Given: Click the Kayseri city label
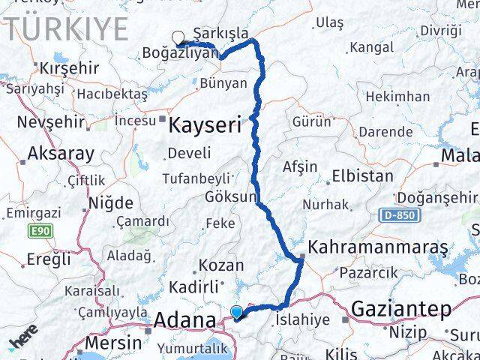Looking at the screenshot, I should [x=205, y=124].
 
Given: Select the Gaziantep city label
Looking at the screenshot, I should [x=400, y=308].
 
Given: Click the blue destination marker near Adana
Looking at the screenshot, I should [x=237, y=312].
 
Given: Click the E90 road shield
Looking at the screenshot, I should [x=41, y=233].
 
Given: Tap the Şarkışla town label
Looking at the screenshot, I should [x=220, y=34].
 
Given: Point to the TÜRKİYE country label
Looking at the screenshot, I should [x=69, y=29].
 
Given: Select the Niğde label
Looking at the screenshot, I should [x=110, y=203].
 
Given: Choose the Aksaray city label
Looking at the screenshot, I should [x=61, y=154].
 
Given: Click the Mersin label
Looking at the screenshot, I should [x=113, y=342].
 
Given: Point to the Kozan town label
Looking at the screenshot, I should [x=221, y=265].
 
